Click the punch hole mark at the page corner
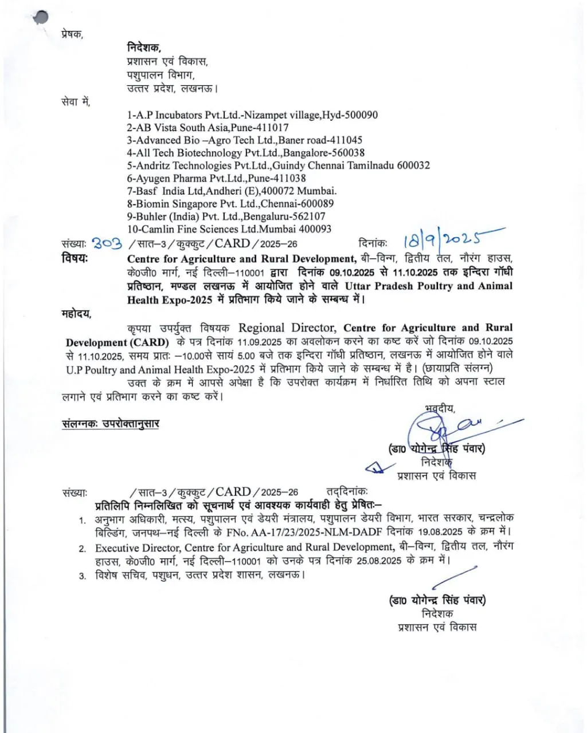[x=40, y=17]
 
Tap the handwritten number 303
[x=107, y=243]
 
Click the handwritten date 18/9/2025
[x=447, y=238]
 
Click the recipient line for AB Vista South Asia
[x=208, y=128]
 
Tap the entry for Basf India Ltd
[x=232, y=191]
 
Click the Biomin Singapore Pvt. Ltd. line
[x=230, y=203]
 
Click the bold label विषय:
[x=75, y=258]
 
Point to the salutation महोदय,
[x=76, y=313]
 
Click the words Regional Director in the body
[x=287, y=328]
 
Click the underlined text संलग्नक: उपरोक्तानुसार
[x=111, y=424]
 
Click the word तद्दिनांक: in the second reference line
[x=347, y=492]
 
